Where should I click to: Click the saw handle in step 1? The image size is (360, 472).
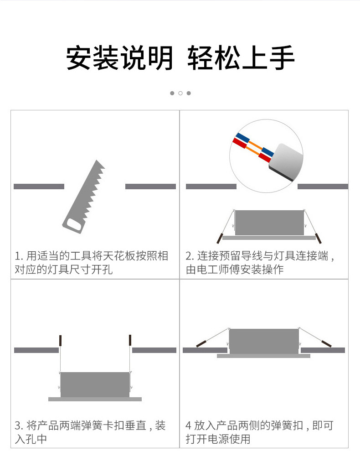point(74,224)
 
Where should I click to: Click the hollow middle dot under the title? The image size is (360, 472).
point(180,93)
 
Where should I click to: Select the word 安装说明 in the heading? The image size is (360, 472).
point(120,58)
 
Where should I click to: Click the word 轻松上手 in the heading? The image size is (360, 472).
point(241,58)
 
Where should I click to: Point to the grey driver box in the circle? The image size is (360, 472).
point(286,161)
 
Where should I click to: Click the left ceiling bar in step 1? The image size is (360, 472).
point(39,187)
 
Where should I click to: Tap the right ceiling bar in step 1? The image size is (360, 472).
point(150,187)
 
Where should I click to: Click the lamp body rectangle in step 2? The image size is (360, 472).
point(269,223)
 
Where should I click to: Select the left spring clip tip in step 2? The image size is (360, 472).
point(220,239)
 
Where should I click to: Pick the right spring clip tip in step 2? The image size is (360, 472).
point(318,239)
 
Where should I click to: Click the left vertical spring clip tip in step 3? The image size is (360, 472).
point(61,341)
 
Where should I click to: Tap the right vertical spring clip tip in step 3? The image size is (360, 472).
point(130,341)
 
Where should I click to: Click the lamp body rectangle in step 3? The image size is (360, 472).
point(95,385)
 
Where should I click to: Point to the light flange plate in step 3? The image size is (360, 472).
point(95,399)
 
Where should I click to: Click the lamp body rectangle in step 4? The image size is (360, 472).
point(264,342)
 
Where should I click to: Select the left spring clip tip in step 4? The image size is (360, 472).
point(201,343)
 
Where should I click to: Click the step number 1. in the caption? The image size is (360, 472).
point(19,256)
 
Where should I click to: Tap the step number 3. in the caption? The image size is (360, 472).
point(19,426)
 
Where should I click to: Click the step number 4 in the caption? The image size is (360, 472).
point(188,426)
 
